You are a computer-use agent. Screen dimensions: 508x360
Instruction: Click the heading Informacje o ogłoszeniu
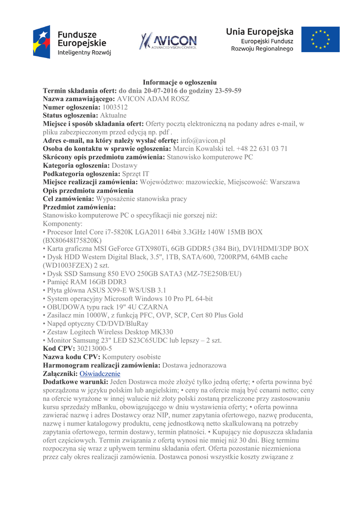[x=179, y=82]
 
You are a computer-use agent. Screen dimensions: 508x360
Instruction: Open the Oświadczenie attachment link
[x=100, y=374]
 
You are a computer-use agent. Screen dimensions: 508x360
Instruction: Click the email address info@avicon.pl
[x=203, y=140]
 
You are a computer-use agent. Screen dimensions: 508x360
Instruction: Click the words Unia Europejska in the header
[x=260, y=31]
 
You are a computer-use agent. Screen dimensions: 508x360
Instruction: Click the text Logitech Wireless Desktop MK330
[x=121, y=332]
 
